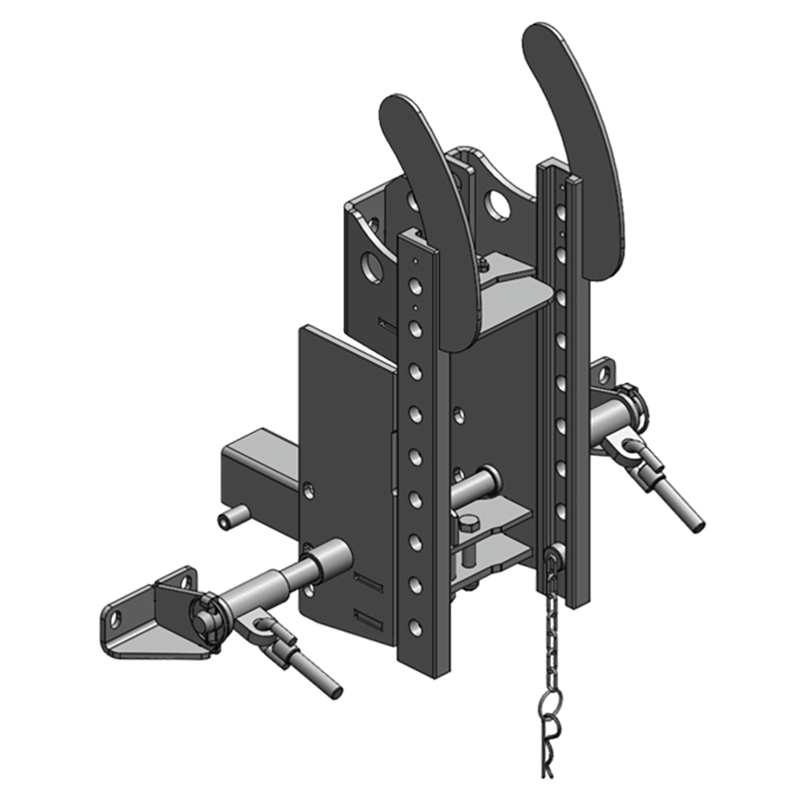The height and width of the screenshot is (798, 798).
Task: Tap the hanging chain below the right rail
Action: pos(549,638)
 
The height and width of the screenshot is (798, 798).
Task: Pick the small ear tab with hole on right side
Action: pos(602,375)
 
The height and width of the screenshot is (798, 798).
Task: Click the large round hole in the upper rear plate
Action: pos(496,205)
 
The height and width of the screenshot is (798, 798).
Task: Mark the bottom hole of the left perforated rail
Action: pos(417,628)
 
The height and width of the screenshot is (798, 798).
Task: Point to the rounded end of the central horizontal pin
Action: pos(492,476)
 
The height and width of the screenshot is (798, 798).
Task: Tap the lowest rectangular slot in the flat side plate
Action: pos(367,620)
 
